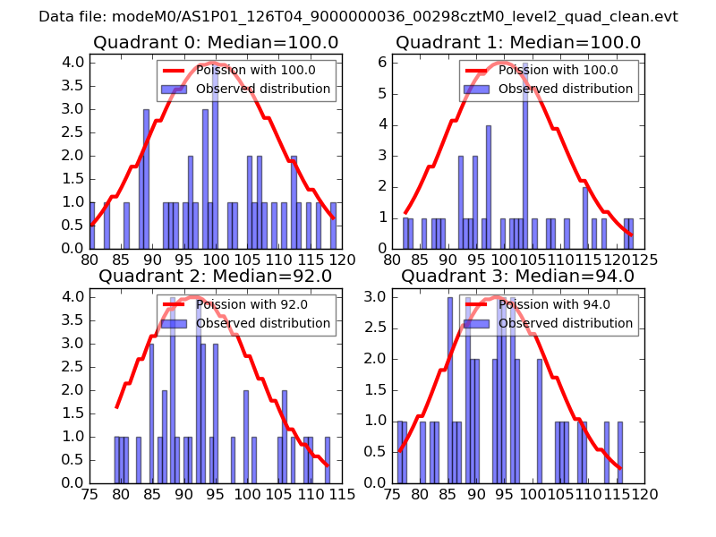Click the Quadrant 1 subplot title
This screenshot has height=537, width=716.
coord(518,42)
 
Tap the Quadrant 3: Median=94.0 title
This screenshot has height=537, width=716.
coord(518,276)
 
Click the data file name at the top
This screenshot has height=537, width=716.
coord(358,16)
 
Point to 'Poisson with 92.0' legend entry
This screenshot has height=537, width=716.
coord(251,304)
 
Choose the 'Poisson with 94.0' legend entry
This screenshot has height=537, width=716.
coord(555,304)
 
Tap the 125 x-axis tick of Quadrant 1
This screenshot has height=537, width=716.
coord(645,260)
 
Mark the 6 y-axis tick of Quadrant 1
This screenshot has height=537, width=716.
coord(382,62)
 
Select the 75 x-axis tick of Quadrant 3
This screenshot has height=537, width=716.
coord(393,494)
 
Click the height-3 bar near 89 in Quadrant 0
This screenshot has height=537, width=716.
coord(146,179)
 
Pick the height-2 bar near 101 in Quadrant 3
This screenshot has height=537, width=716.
coord(539,421)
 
